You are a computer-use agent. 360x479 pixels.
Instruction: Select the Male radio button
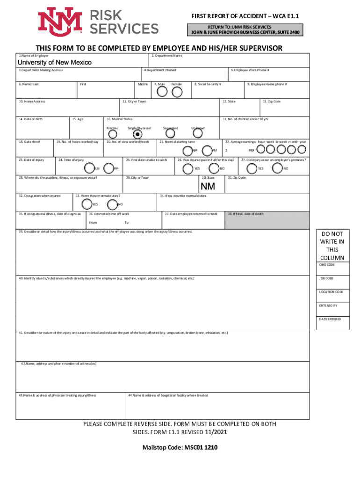click(162, 92)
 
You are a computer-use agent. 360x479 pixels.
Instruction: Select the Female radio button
click(177, 92)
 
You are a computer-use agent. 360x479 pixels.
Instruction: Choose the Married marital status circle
click(112, 134)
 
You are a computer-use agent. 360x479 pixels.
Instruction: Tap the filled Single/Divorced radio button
click(138, 134)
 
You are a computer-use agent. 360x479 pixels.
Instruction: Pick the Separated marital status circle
click(170, 134)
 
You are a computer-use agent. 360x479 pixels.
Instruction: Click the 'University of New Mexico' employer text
click(55, 63)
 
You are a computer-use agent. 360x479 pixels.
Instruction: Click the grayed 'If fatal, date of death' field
click(266, 220)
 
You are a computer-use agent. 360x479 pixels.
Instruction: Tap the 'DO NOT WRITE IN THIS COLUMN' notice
click(332, 246)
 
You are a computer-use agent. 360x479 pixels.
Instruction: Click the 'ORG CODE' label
click(327, 265)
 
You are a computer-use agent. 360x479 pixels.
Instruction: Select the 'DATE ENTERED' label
click(330, 319)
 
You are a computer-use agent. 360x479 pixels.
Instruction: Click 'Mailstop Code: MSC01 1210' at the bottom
click(180, 447)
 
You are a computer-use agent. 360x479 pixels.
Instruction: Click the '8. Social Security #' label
click(208, 84)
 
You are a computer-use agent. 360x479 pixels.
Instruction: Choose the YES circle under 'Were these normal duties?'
click(86, 204)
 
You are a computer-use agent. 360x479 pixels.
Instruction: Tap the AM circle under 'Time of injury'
click(90, 168)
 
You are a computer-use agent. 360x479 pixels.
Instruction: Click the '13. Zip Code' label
click(272, 102)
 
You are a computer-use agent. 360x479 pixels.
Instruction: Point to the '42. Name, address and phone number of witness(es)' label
click(59, 363)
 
